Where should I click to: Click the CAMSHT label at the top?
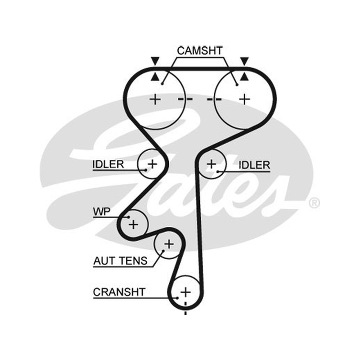click(x=200, y=51)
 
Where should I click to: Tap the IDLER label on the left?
click(x=108, y=164)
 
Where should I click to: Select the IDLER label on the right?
click(x=254, y=165)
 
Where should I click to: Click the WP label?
click(x=102, y=211)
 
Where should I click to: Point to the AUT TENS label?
click(x=121, y=261)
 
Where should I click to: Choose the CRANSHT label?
click(x=119, y=292)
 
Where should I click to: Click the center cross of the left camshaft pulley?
click(x=155, y=99)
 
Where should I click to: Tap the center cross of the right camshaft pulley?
click(x=245, y=99)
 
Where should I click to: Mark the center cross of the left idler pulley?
click(x=152, y=164)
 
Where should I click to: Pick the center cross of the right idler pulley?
click(x=211, y=164)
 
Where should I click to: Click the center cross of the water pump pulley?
click(x=133, y=224)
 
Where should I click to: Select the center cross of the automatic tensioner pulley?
click(x=169, y=244)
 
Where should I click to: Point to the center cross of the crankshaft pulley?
click(x=185, y=292)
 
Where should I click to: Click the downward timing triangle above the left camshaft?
click(x=155, y=61)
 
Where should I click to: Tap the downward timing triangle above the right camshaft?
click(x=244, y=61)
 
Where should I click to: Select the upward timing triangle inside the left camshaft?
click(x=155, y=77)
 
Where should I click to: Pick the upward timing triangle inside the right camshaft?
click(x=244, y=77)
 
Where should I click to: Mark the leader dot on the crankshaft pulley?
click(x=177, y=298)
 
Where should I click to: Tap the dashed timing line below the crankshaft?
click(x=185, y=308)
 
